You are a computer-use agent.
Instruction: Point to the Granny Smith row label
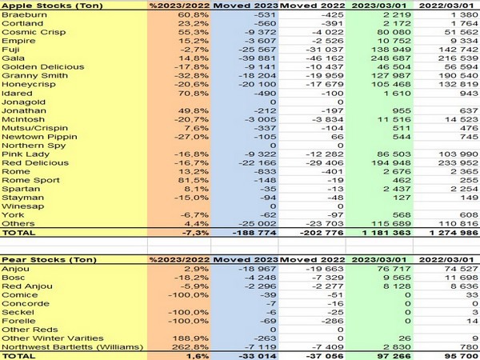(29, 74)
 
